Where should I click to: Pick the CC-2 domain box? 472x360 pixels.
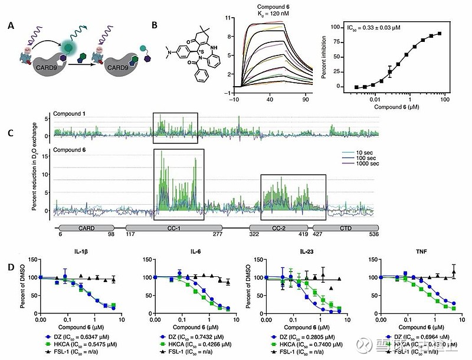(278, 227)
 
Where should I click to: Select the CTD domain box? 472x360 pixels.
(344, 227)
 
